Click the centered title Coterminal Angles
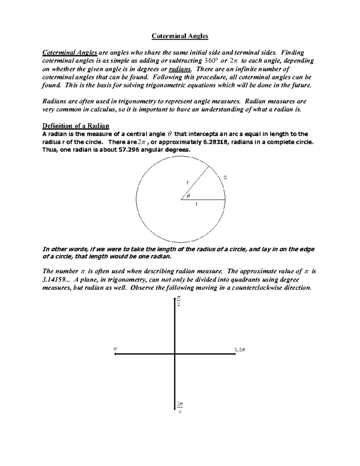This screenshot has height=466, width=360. tap(180, 36)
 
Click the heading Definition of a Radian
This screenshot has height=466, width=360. tap(76, 125)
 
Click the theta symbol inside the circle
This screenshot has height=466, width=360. tap(188, 196)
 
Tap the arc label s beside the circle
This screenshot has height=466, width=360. tap(225, 178)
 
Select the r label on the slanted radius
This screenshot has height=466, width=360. tap(187, 182)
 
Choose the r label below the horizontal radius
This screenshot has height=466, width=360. tap(196, 204)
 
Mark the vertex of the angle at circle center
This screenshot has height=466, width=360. tap(181, 200)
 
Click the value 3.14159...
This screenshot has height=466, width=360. tap(54, 279)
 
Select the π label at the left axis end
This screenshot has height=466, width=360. tap(115, 349)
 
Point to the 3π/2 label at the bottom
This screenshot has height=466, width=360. tap(180, 407)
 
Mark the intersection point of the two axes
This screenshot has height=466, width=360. tap(175, 354)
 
